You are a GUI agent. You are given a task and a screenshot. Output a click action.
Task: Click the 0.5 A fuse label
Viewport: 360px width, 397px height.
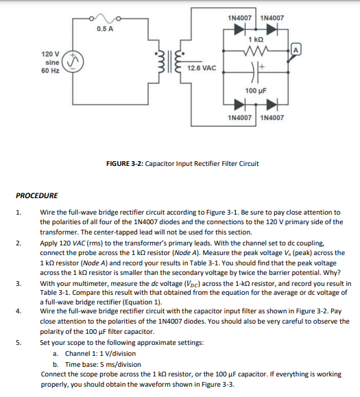point(105,29)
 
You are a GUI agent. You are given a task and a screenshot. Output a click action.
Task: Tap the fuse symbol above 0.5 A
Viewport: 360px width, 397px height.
point(105,18)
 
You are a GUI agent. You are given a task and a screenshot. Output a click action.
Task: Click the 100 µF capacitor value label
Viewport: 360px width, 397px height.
point(255,90)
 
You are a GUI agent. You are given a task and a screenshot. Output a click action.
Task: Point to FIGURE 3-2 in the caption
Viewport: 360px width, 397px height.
point(124,165)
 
